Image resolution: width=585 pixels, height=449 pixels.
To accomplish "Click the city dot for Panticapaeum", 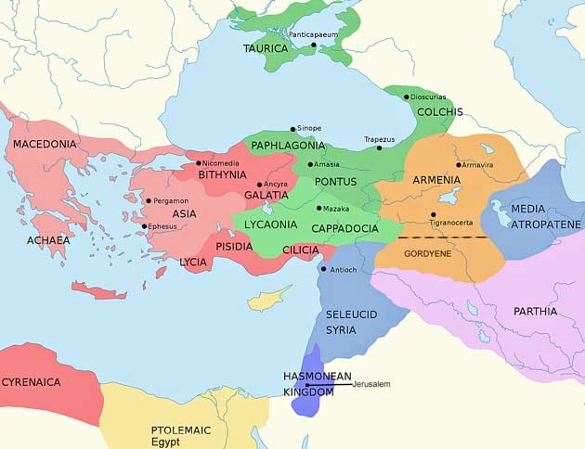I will (314, 45).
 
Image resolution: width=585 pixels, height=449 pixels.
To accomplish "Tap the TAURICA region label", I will (265, 48).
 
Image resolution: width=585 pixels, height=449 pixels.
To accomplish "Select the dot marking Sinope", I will (293, 129).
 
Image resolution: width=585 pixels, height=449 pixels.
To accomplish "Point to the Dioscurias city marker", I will (406, 97).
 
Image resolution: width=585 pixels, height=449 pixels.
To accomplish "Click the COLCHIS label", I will (439, 112).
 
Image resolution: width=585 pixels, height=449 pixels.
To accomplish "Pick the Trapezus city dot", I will (379, 148).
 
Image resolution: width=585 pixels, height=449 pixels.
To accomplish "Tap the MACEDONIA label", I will (45, 145).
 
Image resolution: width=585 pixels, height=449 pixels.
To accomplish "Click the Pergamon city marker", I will (149, 200).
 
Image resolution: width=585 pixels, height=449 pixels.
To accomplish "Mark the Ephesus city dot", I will (144, 226).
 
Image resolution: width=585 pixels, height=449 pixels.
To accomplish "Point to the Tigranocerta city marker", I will (433, 214).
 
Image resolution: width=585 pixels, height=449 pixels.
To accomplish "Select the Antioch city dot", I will (322, 270).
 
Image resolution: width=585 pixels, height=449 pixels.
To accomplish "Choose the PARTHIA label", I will (535, 312).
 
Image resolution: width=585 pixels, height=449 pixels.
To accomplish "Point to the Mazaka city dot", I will (318, 208).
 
